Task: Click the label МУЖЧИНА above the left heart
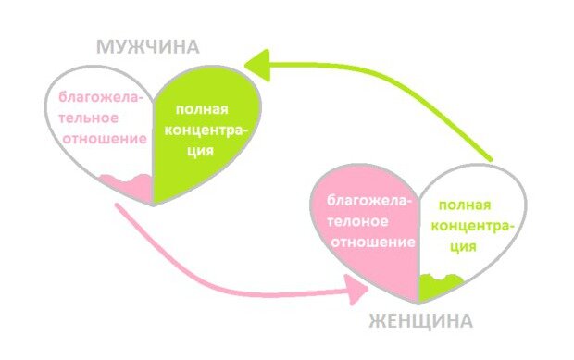point(147,47)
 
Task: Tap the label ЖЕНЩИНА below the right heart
point(421,321)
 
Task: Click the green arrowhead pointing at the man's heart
point(258,64)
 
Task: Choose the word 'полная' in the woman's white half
point(464,206)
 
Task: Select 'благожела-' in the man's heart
point(101,96)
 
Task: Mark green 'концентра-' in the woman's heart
point(471,228)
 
